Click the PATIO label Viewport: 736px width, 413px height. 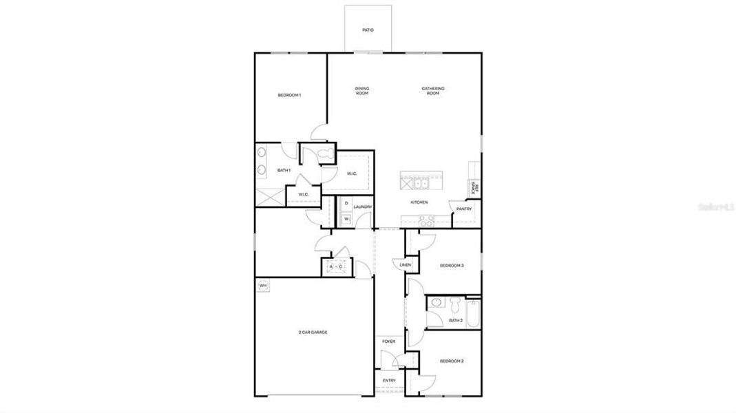point(368,30)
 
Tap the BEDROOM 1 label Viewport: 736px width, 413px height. point(289,95)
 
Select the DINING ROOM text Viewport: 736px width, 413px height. point(362,91)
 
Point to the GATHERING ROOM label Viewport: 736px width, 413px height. point(433,91)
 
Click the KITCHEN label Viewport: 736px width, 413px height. point(419,202)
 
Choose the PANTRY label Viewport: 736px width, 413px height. point(464,209)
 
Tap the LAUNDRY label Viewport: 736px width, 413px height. point(363,206)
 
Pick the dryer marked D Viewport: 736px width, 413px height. point(346,203)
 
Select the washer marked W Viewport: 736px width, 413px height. point(346,219)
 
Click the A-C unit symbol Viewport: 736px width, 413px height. point(336,266)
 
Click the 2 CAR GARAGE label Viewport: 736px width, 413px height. point(313,332)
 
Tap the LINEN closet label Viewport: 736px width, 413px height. point(405,264)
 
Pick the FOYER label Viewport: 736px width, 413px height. point(389,341)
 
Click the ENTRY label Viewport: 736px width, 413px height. point(389,381)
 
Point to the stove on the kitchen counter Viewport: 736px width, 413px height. point(426,220)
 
